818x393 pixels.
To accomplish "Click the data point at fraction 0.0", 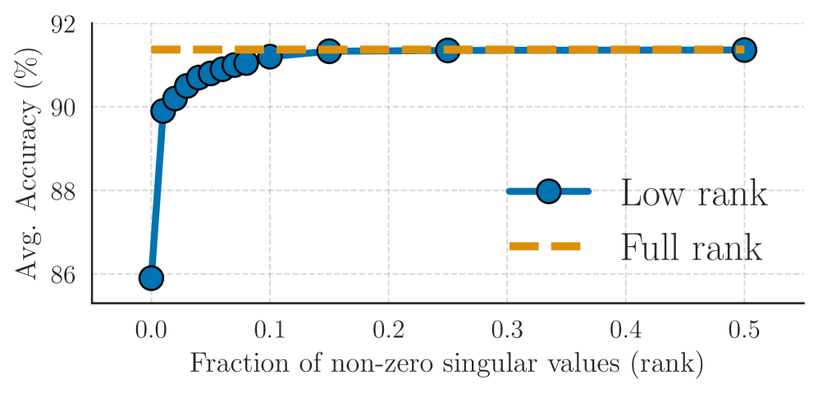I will [151, 278].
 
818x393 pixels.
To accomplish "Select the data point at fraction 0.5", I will [744, 50].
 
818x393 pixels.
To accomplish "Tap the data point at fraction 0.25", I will [447, 50].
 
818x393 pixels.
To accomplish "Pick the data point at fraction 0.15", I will [329, 51].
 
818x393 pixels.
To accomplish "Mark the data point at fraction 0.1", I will [269, 56].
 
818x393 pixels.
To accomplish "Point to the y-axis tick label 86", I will [63, 274].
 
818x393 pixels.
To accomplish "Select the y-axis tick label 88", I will [63, 191].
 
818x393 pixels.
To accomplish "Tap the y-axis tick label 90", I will [63, 107].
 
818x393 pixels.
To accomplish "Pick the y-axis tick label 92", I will [63, 25].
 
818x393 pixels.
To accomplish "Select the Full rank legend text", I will [692, 247].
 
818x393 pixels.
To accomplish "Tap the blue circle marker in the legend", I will [548, 192].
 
